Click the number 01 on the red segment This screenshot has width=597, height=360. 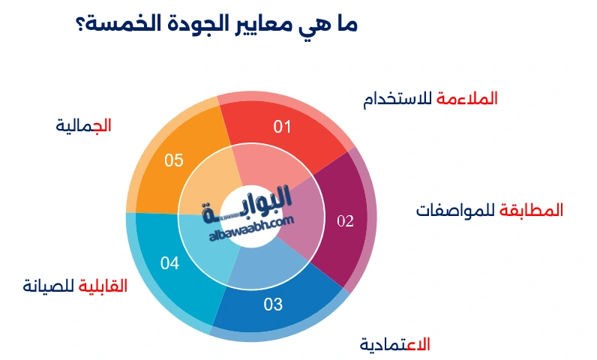[282, 127]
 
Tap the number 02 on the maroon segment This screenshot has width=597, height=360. [344, 220]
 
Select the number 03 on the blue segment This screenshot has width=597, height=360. [273, 304]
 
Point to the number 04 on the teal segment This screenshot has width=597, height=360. [170, 263]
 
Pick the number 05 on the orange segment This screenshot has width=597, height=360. [174, 160]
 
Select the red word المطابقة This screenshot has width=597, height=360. [532, 210]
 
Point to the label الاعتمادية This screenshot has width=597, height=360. [394, 344]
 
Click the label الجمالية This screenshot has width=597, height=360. [83, 125]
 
